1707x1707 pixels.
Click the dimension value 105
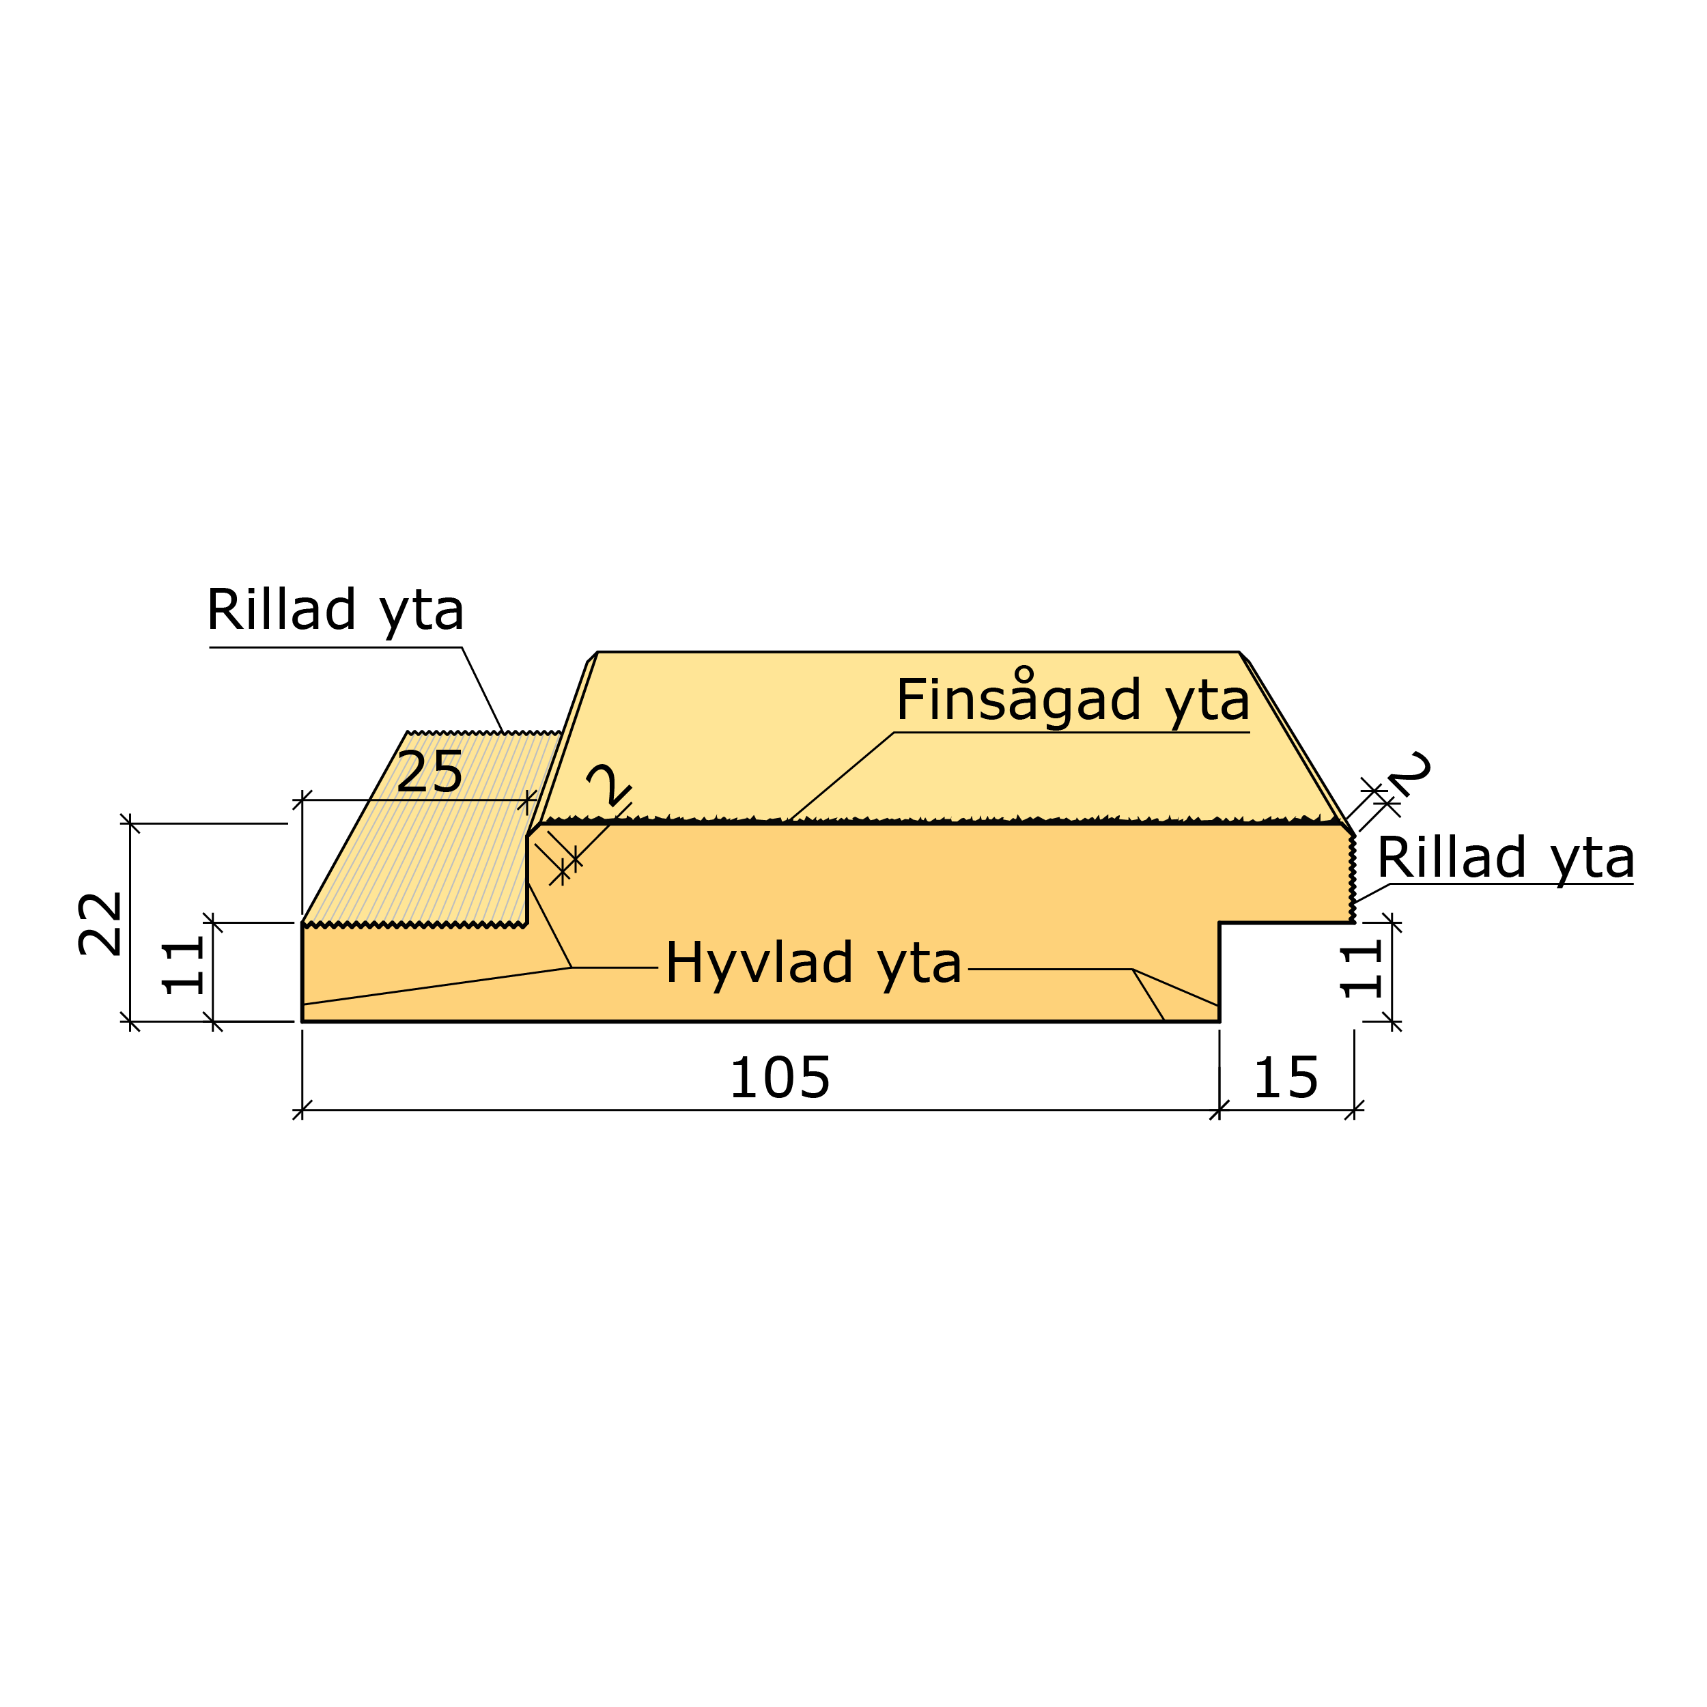coord(779,1079)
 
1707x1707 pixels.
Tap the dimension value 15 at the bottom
coord(1286,1079)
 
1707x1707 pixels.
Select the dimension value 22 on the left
coord(100,923)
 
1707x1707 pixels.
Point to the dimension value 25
coord(429,773)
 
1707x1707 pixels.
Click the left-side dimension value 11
coord(183,968)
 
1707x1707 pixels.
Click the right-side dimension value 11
coord(1362,970)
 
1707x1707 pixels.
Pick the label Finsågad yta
coord(1073,701)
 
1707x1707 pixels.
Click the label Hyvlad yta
coord(813,962)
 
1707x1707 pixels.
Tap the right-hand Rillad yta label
coord(1506,858)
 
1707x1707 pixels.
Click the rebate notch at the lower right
coord(1286,972)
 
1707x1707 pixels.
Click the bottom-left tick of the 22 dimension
coord(130,1021)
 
